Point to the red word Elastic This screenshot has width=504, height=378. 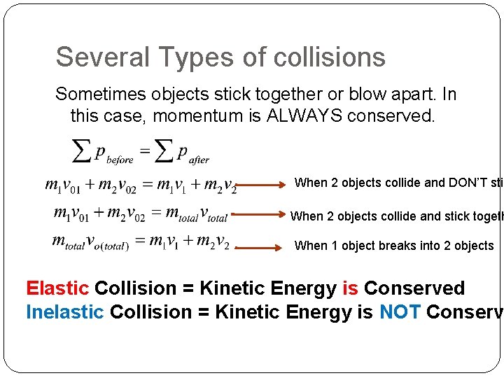click(x=57, y=288)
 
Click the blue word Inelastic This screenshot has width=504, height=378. click(x=64, y=311)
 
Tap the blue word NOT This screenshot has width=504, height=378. click(x=400, y=311)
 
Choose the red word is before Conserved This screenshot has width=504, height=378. click(x=350, y=288)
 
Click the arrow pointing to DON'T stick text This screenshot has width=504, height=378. click(x=263, y=185)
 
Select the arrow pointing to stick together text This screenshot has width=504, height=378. click(x=260, y=214)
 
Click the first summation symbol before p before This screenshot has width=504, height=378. click(x=82, y=149)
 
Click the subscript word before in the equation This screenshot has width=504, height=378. click(x=120, y=160)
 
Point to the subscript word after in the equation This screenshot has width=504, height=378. click(x=199, y=160)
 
